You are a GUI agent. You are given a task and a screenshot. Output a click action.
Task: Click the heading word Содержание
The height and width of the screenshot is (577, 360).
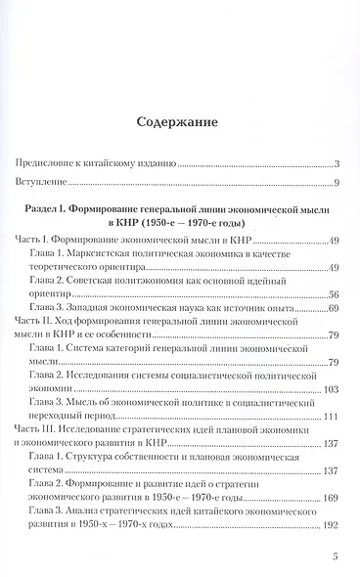[x=178, y=122]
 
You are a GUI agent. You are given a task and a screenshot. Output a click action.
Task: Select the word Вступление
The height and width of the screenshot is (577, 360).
[x=42, y=184]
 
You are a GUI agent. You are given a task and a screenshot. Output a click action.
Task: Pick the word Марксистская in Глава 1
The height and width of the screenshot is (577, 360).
[x=109, y=253]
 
